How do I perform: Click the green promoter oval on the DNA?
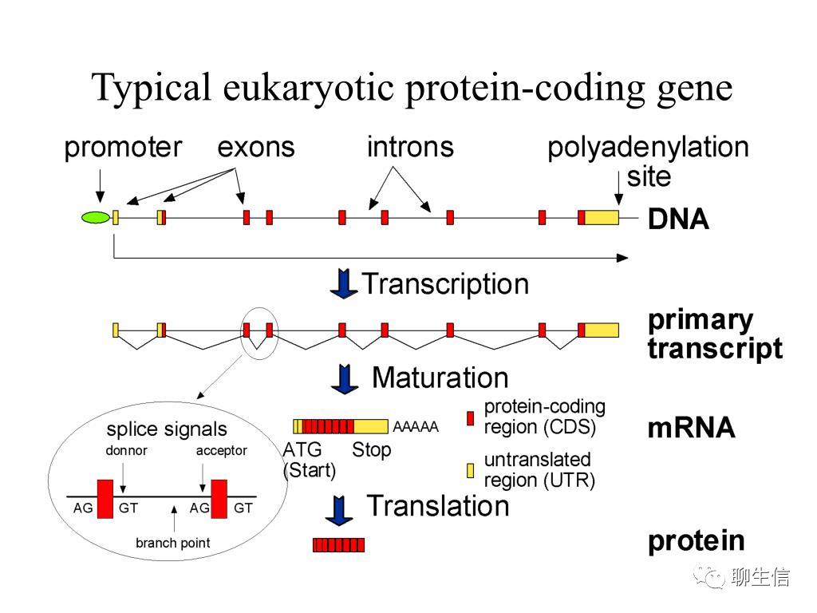(95, 217)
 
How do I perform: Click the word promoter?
(123, 148)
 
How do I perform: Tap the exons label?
(256, 148)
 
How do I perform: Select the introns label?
(410, 148)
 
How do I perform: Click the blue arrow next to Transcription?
(344, 285)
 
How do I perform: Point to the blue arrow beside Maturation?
(344, 378)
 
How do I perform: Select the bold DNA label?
(678, 219)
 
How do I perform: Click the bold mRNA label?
(691, 429)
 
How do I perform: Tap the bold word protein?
(696, 541)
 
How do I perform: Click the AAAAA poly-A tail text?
(416, 427)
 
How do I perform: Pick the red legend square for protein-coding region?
(471, 417)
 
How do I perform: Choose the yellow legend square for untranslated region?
(471, 470)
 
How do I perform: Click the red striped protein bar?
(338, 545)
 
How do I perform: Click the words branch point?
(173, 544)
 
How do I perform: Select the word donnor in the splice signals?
(126, 451)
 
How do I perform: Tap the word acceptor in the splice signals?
(222, 451)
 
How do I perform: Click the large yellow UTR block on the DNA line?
(602, 217)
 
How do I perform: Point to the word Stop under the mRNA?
(372, 450)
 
